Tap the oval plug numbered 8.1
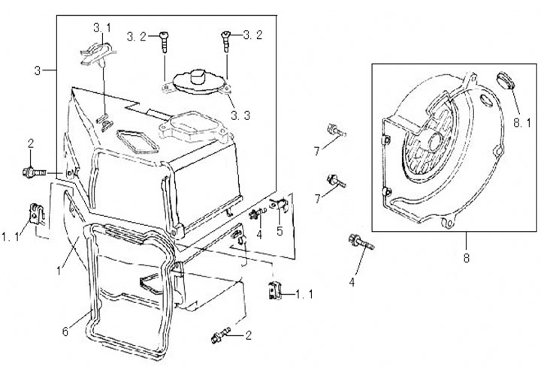coord(504,80)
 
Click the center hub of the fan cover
coord(434,139)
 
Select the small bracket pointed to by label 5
coord(281,202)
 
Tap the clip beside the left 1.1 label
coord(35,214)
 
